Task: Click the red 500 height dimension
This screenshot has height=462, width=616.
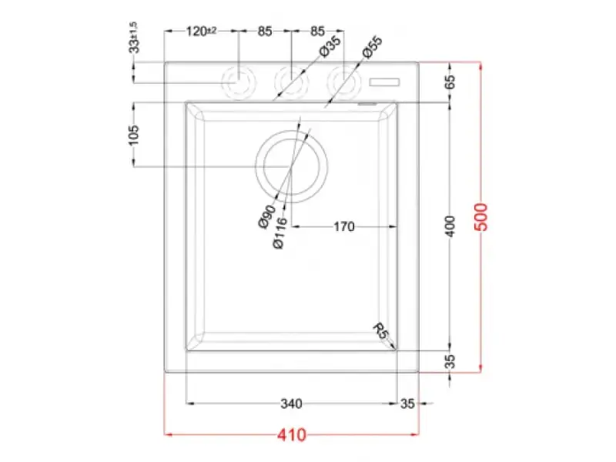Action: click(x=480, y=217)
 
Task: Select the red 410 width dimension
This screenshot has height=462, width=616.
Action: click(x=292, y=435)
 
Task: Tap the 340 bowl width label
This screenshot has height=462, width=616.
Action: click(x=291, y=403)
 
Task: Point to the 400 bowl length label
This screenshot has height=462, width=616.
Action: click(x=450, y=226)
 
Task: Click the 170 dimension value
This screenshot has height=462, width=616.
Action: click(x=343, y=226)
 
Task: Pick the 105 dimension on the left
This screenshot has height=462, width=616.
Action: click(x=134, y=135)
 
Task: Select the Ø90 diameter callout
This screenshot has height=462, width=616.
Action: click(x=267, y=217)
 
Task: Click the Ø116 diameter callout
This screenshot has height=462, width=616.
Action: click(x=280, y=233)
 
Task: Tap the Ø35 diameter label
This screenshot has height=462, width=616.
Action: click(x=330, y=46)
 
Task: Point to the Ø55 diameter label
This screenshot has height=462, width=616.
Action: click(x=372, y=47)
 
